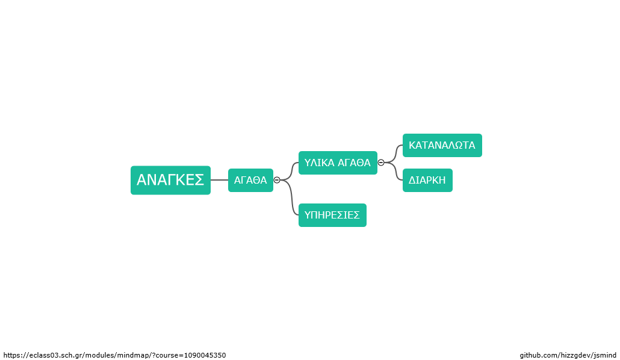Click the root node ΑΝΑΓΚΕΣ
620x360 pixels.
pos(170,180)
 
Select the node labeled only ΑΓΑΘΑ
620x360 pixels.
pos(250,180)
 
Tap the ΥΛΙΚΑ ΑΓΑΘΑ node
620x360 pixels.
pos(338,163)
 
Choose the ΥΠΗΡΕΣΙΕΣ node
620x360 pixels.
pos(332,215)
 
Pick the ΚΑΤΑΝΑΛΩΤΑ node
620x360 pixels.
pos(442,145)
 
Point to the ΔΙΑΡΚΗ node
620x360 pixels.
pos(427,180)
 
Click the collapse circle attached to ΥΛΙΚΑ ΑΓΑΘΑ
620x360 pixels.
pos(381,163)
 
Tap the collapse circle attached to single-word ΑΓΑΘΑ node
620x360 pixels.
pos(277,180)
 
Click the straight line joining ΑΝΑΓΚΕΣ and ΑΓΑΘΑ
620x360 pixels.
pos(220,180)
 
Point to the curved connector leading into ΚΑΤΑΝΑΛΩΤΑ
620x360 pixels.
pos(395,154)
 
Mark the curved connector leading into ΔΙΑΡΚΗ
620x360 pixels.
pos(395,171)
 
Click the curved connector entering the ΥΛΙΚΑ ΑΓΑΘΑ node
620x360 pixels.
pos(291,171)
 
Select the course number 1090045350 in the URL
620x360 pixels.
pos(205,355)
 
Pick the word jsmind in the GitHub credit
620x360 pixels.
pos(605,355)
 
